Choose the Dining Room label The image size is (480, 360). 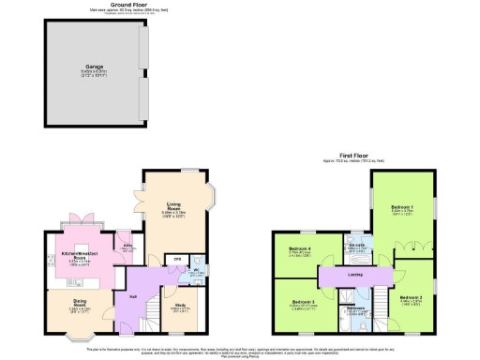(x=79, y=303)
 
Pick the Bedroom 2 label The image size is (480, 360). (x=410, y=297)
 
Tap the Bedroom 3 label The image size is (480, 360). (x=298, y=302)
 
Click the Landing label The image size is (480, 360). (x=355, y=275)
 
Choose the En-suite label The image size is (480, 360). (x=356, y=246)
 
